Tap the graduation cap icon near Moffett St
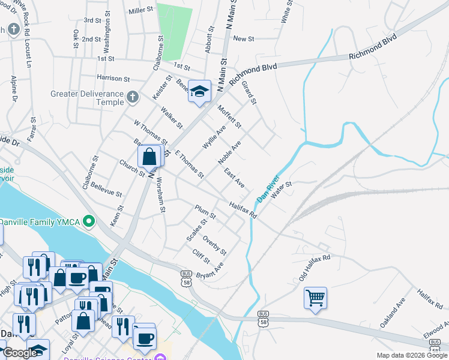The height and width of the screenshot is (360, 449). tap(199, 92)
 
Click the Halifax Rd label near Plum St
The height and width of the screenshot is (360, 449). tap(243, 210)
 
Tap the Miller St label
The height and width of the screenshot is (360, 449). tap(141, 11)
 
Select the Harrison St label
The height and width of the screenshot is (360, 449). tap(113, 79)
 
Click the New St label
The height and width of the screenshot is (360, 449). tap(244, 38)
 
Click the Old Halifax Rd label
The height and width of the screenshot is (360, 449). tap(315, 268)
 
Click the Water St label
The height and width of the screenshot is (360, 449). tap(281, 190)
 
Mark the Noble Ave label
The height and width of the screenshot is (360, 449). tap(229, 153)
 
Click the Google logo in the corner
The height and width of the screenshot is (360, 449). tap(20, 353)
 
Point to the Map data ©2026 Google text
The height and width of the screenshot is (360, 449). tap(412, 356)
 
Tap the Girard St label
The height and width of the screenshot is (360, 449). tap(249, 92)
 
